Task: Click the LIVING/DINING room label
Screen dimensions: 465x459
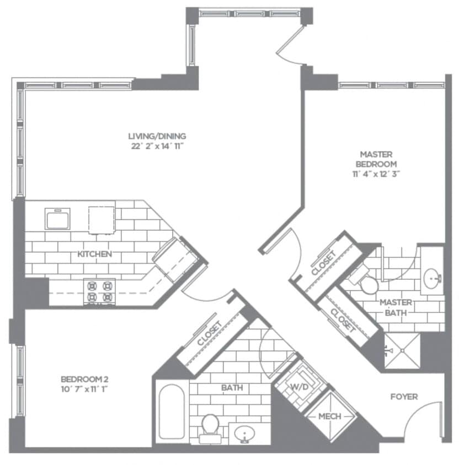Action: pos(157,136)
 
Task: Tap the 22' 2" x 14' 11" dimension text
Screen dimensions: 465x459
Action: pos(157,146)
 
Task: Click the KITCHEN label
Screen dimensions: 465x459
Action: pos(95,254)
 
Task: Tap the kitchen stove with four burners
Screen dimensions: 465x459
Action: pos(100,291)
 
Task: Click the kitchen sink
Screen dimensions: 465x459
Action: pos(57,219)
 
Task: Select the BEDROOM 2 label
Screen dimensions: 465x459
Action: pos(84,379)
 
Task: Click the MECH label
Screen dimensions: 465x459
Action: pos(329,416)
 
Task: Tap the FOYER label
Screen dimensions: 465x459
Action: pos(404,396)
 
